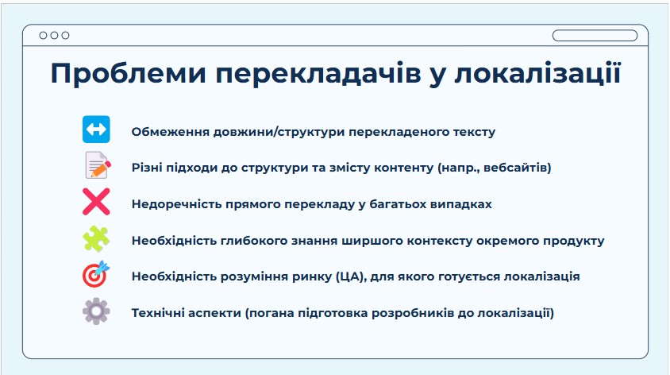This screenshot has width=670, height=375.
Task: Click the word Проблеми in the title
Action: (128, 73)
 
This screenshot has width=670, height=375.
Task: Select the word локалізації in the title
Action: (537, 73)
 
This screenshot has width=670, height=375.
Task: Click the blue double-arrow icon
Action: (96, 130)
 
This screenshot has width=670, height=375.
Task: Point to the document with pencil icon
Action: (98, 165)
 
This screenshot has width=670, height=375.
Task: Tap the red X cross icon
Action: (96, 201)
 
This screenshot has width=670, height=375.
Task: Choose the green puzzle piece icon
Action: (96, 238)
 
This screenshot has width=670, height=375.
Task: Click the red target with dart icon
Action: (96, 274)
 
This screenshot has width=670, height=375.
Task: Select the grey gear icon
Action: (96, 311)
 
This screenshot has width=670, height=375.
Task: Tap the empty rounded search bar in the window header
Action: (595, 36)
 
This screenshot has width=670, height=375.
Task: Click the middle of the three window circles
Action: (54, 36)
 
